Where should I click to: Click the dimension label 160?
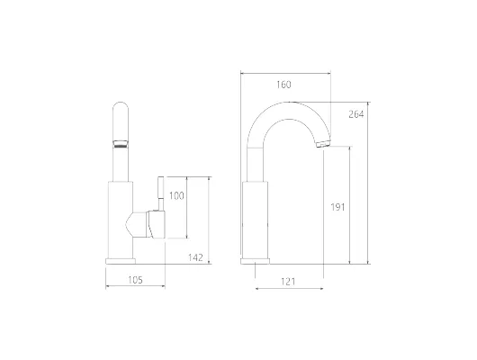(283, 85)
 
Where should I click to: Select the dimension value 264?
(355, 114)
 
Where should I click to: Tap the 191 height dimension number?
(337, 207)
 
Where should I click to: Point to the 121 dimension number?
(288, 282)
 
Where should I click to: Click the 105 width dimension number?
(135, 280)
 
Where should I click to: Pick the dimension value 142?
(195, 257)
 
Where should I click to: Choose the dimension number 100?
(176, 195)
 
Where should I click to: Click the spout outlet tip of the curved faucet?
(323, 144)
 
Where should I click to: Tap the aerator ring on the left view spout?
(121, 143)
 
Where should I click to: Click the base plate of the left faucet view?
(121, 261)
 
